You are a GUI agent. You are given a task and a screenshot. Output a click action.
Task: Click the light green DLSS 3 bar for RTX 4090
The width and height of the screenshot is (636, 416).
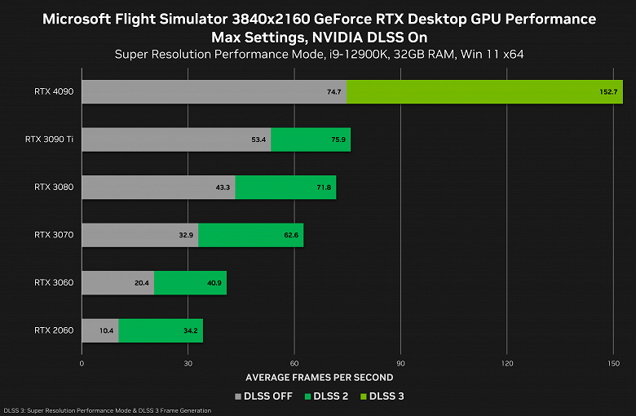pyautogui.click(x=484, y=92)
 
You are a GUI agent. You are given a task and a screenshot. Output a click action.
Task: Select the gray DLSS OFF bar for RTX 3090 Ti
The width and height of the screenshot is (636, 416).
pyautogui.click(x=175, y=139)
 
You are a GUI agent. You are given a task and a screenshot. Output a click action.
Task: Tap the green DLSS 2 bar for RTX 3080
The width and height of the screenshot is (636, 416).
pyautogui.click(x=285, y=188)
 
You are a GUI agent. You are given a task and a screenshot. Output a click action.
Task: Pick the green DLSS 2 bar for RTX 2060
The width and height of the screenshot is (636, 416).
pyautogui.click(x=161, y=330)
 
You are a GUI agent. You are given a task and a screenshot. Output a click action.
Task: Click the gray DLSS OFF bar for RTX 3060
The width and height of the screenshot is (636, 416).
pyautogui.click(x=117, y=283)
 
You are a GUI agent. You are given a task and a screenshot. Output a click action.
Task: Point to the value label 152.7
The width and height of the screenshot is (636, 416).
pyautogui.click(x=609, y=92)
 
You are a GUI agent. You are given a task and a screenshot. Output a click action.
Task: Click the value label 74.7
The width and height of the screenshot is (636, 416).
pyautogui.click(x=333, y=92)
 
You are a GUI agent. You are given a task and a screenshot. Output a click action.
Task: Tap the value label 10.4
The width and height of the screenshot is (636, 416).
pyautogui.click(x=106, y=330)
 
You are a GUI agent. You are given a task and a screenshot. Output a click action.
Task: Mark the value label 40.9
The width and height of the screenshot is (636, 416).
pyautogui.click(x=214, y=283)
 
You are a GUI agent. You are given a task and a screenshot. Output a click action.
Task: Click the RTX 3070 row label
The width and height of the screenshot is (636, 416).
pyautogui.click(x=54, y=235)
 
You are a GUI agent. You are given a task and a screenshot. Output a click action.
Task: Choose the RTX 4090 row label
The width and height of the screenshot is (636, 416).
pyautogui.click(x=54, y=92)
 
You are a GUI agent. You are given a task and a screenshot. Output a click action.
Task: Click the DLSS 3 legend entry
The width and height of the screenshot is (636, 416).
pyautogui.click(x=382, y=396)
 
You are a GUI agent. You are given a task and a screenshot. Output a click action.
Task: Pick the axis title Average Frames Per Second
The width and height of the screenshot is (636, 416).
pyautogui.click(x=319, y=378)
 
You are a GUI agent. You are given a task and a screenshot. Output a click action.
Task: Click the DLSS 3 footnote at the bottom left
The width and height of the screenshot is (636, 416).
pyautogui.click(x=107, y=410)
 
